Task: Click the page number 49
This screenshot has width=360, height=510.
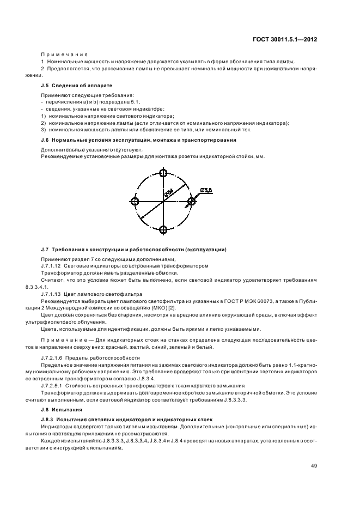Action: coord(314,466)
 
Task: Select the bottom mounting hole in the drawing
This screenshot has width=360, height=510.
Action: coord(163,230)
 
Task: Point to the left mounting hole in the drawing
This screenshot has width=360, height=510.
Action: coord(135,202)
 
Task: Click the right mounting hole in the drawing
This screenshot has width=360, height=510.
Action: coord(191,202)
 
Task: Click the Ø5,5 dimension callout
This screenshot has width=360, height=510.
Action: coord(206,190)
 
